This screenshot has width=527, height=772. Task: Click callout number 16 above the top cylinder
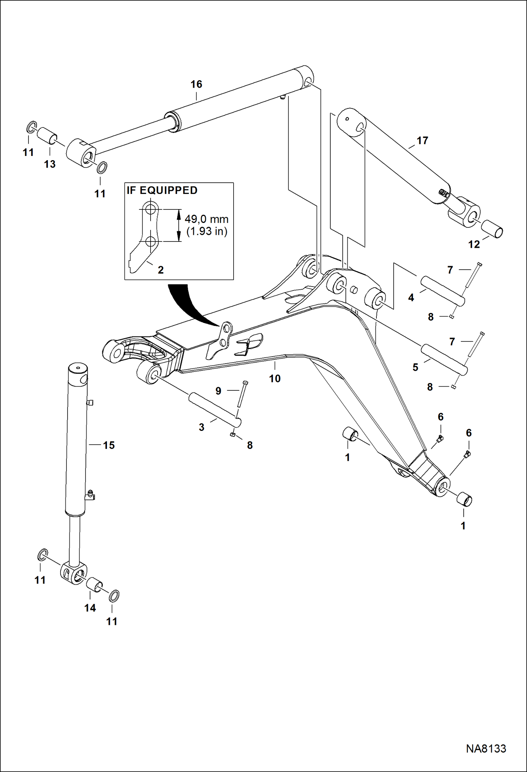(x=196, y=84)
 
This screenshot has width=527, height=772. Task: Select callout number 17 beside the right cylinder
(x=422, y=141)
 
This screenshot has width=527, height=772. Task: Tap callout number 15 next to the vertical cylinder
(x=109, y=445)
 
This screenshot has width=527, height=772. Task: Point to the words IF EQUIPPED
(x=162, y=190)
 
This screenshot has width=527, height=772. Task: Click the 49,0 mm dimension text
(x=207, y=219)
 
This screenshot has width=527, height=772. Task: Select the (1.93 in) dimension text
(x=207, y=231)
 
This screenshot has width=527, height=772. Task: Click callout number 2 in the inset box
(x=161, y=270)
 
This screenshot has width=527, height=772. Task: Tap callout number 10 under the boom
(x=275, y=379)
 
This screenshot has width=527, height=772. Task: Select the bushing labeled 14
(x=94, y=585)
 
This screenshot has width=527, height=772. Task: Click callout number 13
(x=50, y=164)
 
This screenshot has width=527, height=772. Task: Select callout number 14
(x=90, y=608)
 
